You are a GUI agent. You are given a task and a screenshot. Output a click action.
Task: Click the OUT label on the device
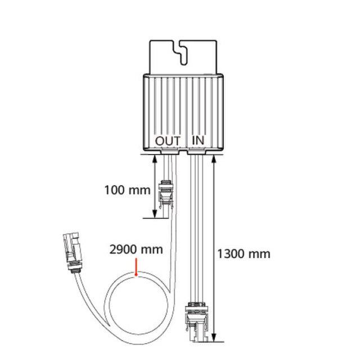168,141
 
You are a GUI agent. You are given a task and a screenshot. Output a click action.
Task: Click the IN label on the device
198,140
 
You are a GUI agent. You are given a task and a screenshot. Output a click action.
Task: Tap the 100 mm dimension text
128,190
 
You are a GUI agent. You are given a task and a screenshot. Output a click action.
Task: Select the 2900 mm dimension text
136,250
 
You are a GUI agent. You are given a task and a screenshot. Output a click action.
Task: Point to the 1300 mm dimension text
244,254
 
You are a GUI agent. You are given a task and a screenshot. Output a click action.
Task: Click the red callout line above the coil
136,267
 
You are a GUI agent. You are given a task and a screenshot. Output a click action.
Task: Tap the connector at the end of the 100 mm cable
166,195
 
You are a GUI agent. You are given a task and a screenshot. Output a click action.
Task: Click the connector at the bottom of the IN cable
197,321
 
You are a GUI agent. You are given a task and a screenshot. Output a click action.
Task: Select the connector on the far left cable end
73,252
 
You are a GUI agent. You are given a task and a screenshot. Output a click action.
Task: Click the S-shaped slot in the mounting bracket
181,53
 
